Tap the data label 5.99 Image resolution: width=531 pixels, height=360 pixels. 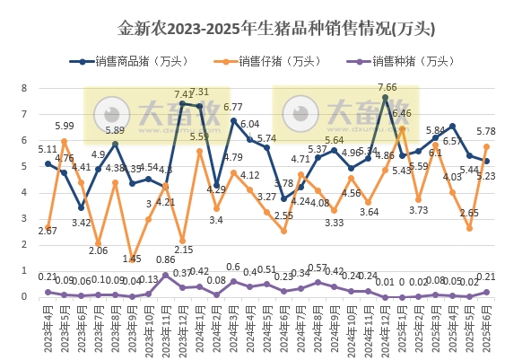(x=64, y=127)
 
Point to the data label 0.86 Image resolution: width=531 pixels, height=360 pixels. (x=166, y=260)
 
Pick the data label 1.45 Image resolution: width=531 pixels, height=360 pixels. (x=132, y=259)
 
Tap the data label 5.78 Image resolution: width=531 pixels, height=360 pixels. (x=487, y=132)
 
